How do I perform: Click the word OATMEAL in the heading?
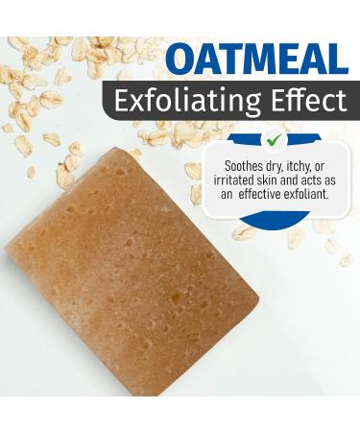coord(256,60)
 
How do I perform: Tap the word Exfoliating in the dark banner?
coord(187,102)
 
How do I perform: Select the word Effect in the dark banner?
coord(308,100)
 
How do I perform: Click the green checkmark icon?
coord(276,139)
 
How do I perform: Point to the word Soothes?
coord(242,166)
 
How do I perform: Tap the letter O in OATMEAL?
coord(180,60)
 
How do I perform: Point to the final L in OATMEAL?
coord(337,60)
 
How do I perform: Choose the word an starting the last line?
coord(227,195)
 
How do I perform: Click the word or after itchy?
coord(320,167)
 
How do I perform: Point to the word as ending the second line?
coord(329,181)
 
